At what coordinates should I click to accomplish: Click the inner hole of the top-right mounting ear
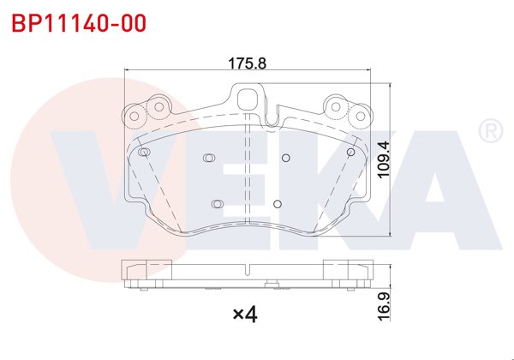[337, 107]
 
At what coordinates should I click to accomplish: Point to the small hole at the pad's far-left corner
[145, 152]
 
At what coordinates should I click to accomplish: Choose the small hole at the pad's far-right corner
[350, 152]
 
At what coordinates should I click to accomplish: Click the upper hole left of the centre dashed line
[208, 157]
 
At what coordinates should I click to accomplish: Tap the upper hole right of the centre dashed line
[286, 157]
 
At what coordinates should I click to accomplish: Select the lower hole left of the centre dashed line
[217, 203]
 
